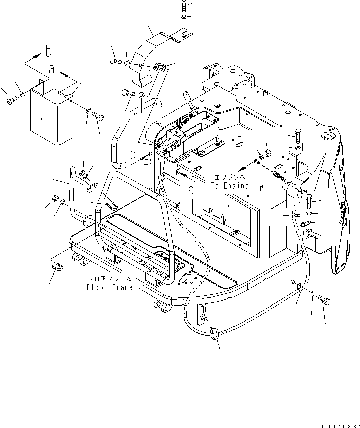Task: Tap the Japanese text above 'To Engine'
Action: [x=229, y=177]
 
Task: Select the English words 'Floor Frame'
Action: [x=109, y=288]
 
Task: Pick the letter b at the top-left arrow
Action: [x=48, y=51]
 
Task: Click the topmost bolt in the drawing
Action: [x=184, y=6]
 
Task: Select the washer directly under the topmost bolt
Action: [x=184, y=18]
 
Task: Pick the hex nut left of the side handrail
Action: [x=53, y=201]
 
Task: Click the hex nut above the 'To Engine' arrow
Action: [x=267, y=153]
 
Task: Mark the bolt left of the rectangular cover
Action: [x=12, y=101]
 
